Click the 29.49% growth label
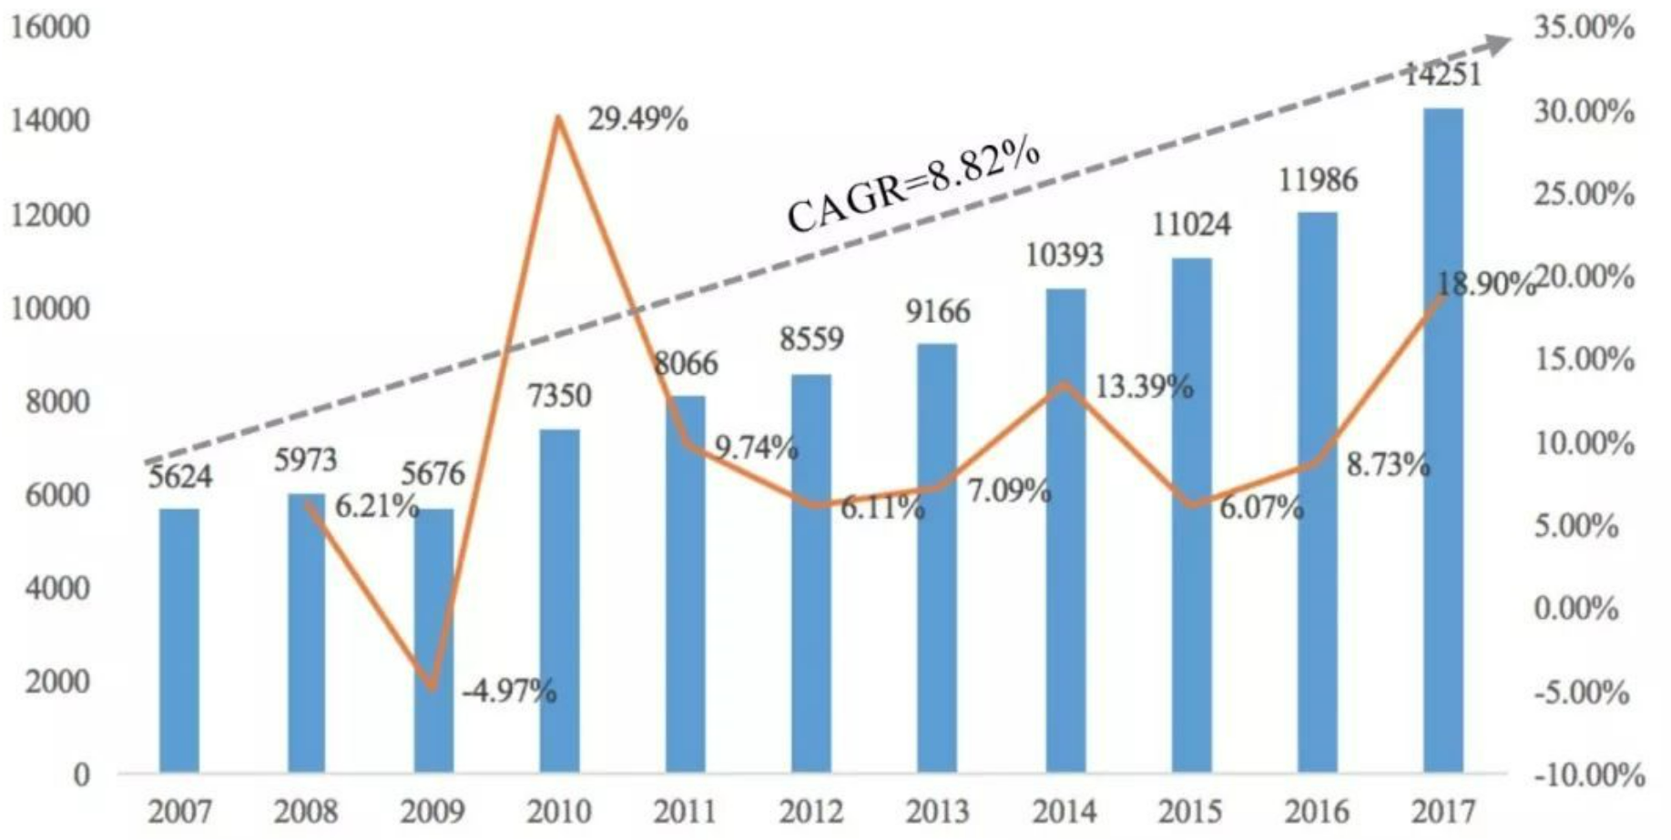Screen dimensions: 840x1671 tap(637, 119)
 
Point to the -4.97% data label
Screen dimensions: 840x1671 tap(509, 693)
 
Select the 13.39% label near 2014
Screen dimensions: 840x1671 tap(1143, 387)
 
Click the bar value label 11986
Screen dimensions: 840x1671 tap(1318, 180)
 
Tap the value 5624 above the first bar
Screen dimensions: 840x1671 tap(179, 476)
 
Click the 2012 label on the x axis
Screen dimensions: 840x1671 tap(811, 811)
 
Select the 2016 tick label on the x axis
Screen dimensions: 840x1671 tap(1318, 811)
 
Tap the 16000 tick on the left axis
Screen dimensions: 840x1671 tap(50, 27)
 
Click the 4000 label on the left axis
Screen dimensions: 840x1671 tap(57, 588)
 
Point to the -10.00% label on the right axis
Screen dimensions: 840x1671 tap(1589, 775)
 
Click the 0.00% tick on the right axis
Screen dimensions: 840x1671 tap(1576, 608)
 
